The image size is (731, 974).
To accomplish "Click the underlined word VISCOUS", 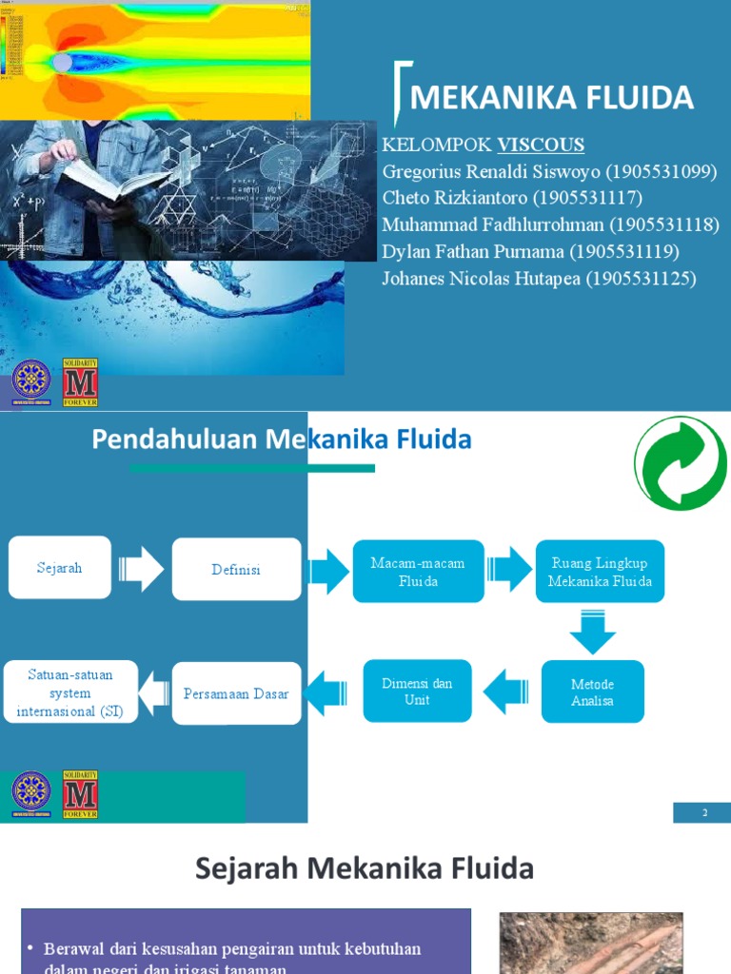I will click(541, 145).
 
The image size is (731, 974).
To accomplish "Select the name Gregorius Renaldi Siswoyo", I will click(491, 171).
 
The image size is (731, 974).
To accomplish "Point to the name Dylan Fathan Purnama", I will click(473, 252).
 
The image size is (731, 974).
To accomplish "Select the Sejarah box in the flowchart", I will click(60, 568).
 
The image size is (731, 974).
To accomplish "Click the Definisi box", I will click(236, 570).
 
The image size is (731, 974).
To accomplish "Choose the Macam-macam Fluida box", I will click(418, 572).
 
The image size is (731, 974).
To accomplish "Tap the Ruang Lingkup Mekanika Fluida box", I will click(600, 572).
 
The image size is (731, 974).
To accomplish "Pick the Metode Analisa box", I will click(592, 692).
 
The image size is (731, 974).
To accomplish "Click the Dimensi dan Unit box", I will click(417, 692).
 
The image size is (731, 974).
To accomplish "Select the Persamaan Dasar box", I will click(236, 694).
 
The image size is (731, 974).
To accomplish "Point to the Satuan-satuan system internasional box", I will click(69, 692).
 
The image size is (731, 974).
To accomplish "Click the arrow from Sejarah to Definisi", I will click(141, 569).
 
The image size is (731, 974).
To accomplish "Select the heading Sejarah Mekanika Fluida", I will click(365, 868).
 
